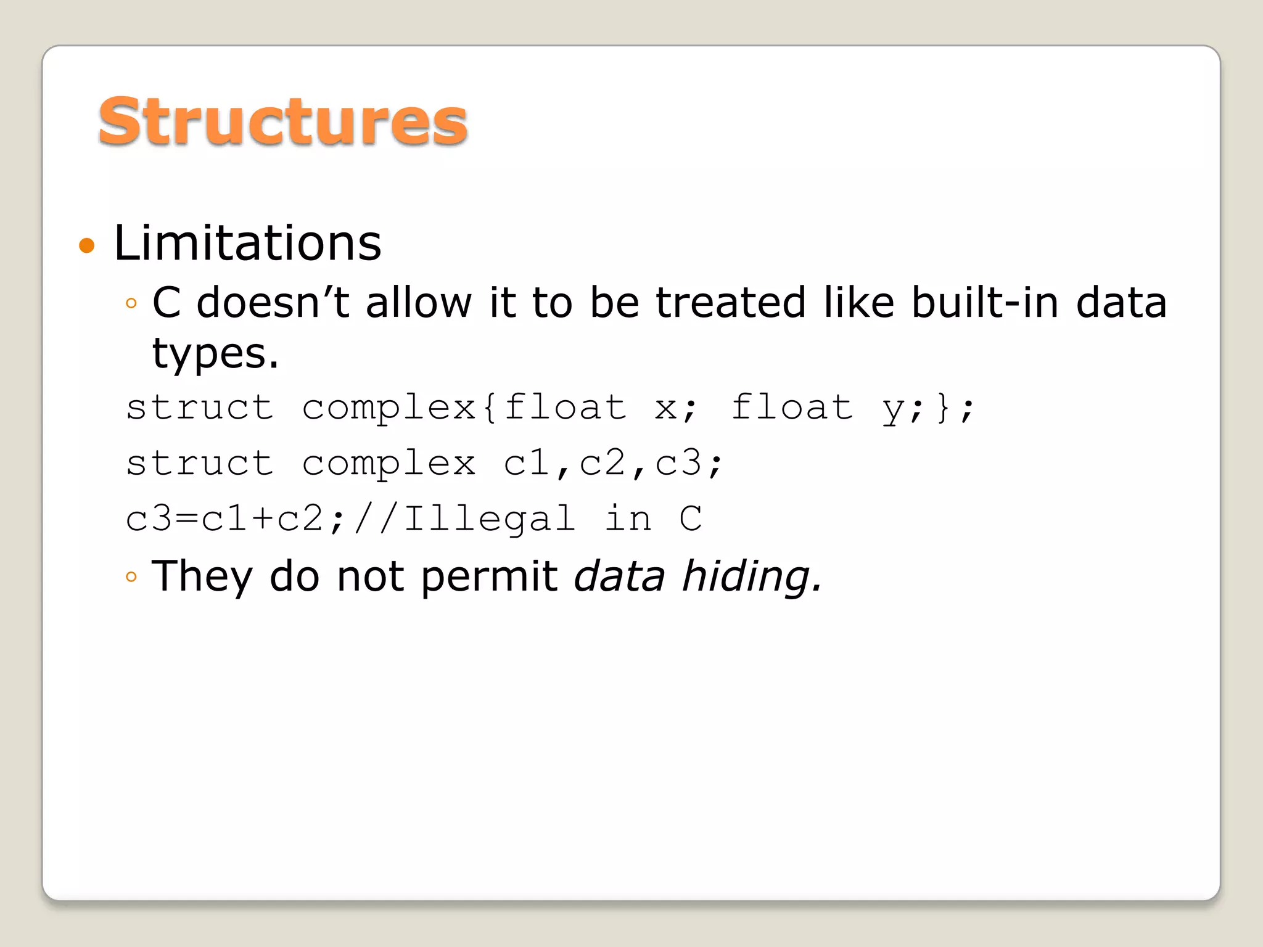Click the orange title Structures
[x=282, y=122]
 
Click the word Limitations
[x=247, y=243]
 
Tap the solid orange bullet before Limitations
[x=87, y=245]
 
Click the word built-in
[x=985, y=303]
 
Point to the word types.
[x=215, y=355]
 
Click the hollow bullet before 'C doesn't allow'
[x=131, y=303]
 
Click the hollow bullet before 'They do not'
[x=131, y=577]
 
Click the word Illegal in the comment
[x=489, y=519]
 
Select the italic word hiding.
[x=751, y=576]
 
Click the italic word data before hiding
[x=619, y=576]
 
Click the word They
[x=202, y=576]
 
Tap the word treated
[x=730, y=303]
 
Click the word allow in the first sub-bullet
[x=419, y=303]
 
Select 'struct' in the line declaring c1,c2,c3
[x=200, y=463]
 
